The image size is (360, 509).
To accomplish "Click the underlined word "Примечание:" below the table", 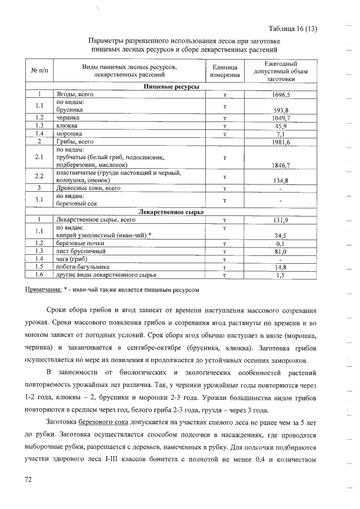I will tap(44, 289).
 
